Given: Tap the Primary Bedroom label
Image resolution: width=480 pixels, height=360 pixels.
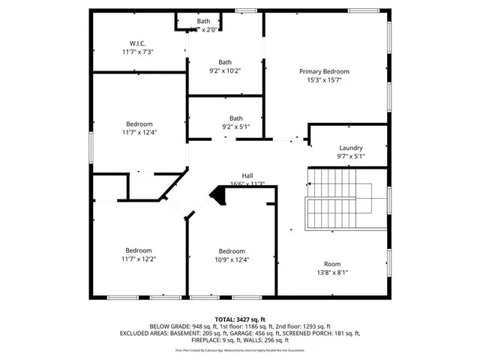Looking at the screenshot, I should point(324,71).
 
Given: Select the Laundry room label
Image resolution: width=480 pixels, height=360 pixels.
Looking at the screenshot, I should point(350,148).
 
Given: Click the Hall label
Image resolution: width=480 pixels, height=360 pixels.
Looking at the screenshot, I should point(247,175).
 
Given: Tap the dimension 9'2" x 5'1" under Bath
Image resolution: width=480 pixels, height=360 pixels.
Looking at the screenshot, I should point(235,127).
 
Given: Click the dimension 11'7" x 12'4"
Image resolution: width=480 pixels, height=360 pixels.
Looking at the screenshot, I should point(139,133).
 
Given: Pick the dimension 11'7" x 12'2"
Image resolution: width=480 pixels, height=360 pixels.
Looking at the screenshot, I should point(139,259).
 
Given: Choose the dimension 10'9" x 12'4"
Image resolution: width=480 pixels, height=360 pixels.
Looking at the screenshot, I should point(232,260).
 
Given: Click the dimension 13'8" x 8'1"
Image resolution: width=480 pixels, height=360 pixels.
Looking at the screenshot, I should point(331,273).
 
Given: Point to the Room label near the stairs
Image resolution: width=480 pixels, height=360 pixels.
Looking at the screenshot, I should point(331,263).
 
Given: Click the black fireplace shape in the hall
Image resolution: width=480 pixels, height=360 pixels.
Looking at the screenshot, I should point(218,196).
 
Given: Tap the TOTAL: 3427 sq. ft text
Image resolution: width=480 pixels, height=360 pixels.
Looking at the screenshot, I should point(240,319).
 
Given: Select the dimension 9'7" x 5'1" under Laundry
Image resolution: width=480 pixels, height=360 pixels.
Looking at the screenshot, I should point(350,157).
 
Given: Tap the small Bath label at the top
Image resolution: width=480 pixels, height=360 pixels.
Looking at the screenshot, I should point(203,21).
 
